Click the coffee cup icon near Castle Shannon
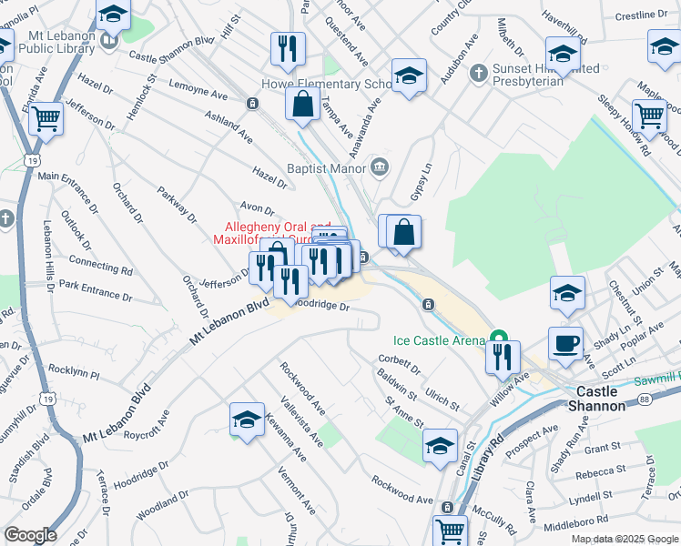pyautogui.click(x=565, y=344)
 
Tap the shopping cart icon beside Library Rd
pyautogui.click(x=450, y=530)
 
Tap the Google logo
pyautogui.click(x=30, y=535)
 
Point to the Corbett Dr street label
pyautogui.click(x=397, y=365)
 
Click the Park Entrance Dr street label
pyautogui.click(x=95, y=290)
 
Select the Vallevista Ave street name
pyautogui.click(x=302, y=421)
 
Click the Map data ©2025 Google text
pyautogui.click(x=623, y=539)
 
